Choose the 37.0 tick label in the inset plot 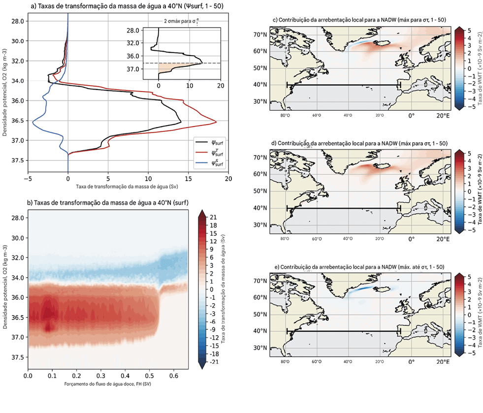[x=146, y=69]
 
